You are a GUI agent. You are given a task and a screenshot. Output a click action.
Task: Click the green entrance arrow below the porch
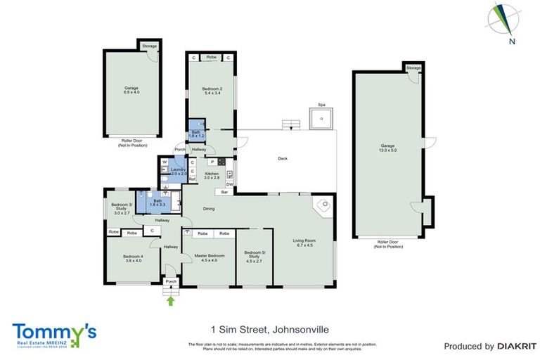coord(170,301)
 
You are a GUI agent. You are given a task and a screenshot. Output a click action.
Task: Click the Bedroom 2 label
coord(212,91)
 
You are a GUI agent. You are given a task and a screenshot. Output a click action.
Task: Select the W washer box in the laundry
coord(164,162)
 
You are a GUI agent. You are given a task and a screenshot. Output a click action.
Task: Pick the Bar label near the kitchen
coord(225,192)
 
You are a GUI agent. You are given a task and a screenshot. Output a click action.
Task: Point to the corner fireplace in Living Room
coord(324,207)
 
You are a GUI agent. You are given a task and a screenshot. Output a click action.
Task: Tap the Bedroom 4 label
coord(132,258)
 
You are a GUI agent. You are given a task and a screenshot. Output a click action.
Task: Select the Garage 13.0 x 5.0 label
coord(388,148)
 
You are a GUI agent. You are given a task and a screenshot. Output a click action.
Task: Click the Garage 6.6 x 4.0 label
coord(131,90)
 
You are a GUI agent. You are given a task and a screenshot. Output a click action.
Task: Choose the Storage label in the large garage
coord(413,68)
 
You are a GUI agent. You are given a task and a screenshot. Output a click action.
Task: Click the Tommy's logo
coord(54,334)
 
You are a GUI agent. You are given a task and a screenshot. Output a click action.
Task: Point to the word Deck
coord(283,159)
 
